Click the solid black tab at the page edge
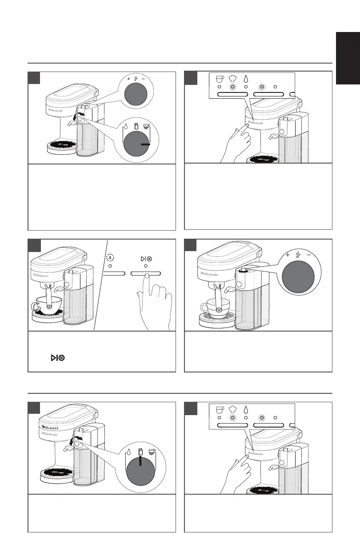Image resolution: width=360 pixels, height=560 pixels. coord(348,58)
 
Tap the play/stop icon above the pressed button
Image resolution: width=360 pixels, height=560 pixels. coord(146,257)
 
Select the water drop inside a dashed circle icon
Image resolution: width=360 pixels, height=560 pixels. coord(110,257)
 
